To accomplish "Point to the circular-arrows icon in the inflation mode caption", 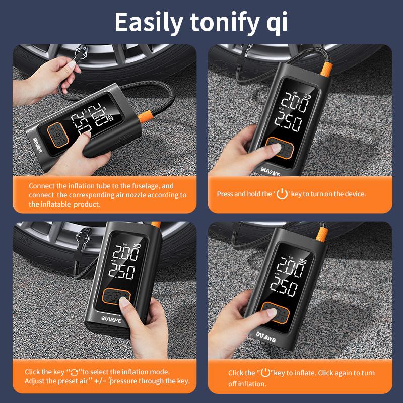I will (74, 372).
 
